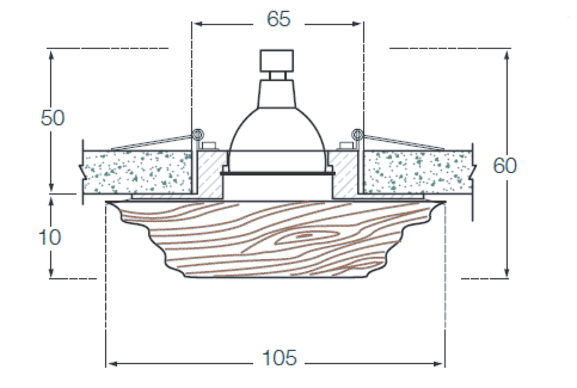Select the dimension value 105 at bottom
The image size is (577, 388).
(x=279, y=358)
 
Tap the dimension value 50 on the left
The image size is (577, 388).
(x=52, y=118)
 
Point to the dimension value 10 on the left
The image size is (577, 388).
(x=50, y=237)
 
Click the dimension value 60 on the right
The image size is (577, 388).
(x=505, y=166)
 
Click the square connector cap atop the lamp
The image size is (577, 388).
(x=277, y=60)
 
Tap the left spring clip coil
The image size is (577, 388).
(x=197, y=133)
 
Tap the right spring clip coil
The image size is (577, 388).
(x=357, y=133)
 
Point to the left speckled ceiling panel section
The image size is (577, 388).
(x=137, y=171)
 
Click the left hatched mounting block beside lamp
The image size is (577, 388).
(x=209, y=173)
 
